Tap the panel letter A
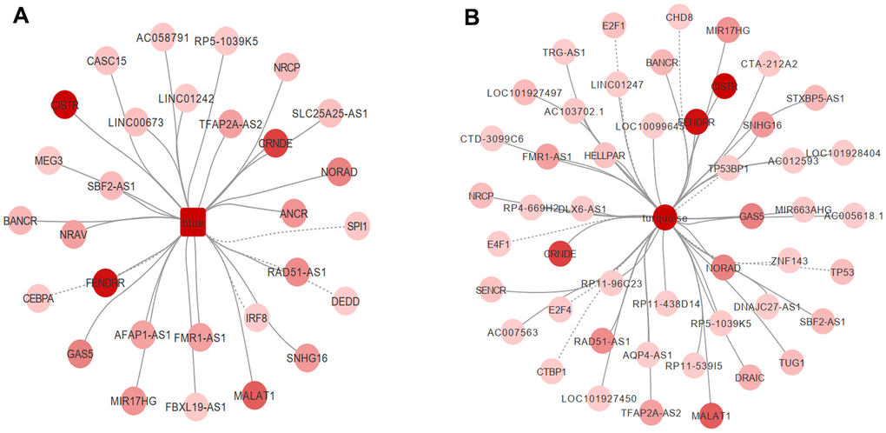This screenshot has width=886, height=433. pyautogui.click(x=23, y=17)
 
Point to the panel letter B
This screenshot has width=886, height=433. pyautogui.click(x=472, y=17)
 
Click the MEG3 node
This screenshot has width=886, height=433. pyautogui.click(x=49, y=160)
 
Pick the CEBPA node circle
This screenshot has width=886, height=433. pyautogui.click(x=38, y=297)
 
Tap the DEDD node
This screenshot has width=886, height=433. pyautogui.click(x=344, y=300)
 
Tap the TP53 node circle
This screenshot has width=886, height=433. pyautogui.click(x=842, y=272)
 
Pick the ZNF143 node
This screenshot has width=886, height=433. pyautogui.click(x=789, y=260)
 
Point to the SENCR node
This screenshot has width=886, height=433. pyautogui.click(x=490, y=289)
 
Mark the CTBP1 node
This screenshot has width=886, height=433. pyautogui.click(x=552, y=371)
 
